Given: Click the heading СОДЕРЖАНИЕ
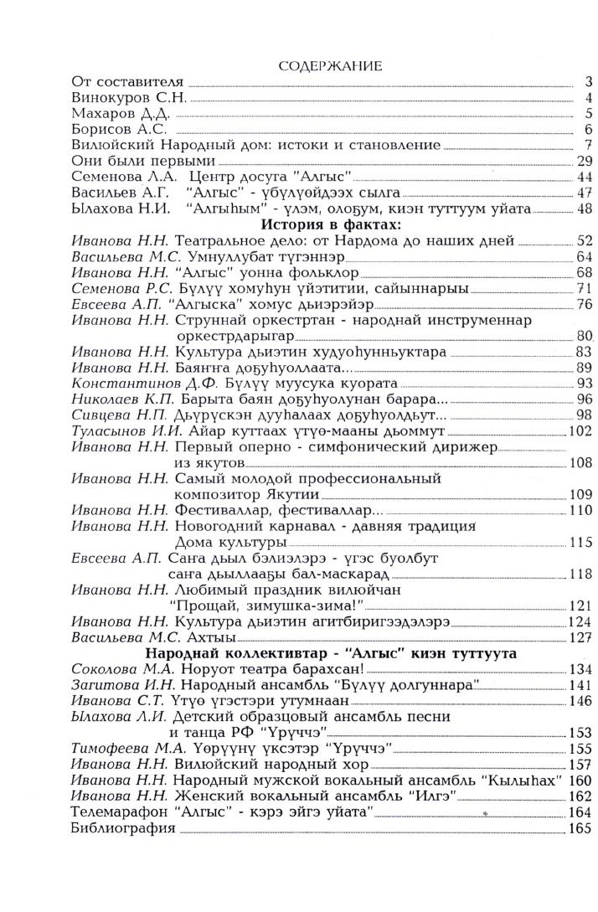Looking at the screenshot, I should click(x=330, y=65).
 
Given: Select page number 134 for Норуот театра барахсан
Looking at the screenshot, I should click(x=580, y=670).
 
